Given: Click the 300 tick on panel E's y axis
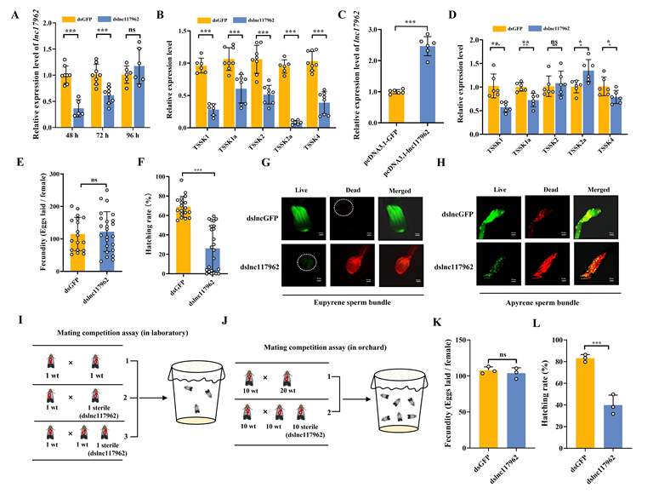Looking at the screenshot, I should click(36, 175).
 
